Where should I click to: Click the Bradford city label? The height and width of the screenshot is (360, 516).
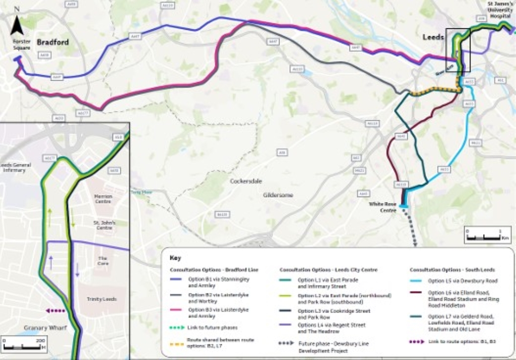point(52,42)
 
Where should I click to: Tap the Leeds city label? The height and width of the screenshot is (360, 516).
point(433,38)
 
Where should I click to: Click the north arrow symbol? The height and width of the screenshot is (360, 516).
point(17,23)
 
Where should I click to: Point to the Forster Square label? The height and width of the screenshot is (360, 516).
point(22,44)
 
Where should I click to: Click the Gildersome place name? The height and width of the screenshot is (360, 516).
point(278,195)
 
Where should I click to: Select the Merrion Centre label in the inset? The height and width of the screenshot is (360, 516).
point(103,199)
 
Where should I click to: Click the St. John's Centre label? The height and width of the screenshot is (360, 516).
point(104,225)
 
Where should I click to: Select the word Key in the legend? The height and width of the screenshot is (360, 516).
point(175,258)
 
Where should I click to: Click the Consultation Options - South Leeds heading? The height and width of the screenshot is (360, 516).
point(446,270)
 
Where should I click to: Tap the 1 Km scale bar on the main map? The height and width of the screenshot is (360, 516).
point(481,235)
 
